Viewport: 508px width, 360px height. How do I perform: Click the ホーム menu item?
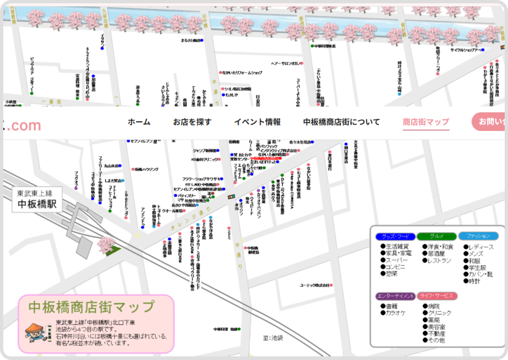pyautogui.click(x=139, y=122)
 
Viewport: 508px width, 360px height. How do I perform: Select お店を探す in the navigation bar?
pyautogui.click(x=192, y=122)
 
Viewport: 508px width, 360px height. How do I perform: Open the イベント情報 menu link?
pyautogui.click(x=257, y=122)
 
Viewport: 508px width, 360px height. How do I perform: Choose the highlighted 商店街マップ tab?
pyautogui.click(x=426, y=122)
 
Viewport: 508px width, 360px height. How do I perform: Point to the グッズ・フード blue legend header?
pyautogui.click(x=394, y=236)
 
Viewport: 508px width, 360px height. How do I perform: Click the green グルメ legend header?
pyautogui.click(x=436, y=236)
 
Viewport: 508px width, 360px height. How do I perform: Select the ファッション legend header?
pyautogui.click(x=478, y=236)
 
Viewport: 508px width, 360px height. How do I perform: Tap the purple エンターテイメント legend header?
pyautogui.click(x=395, y=296)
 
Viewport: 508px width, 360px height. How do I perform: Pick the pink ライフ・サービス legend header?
pyautogui.click(x=436, y=296)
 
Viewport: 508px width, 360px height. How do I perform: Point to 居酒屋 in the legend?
pyautogui.click(x=436, y=254)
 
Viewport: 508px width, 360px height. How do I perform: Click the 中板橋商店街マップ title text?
pyautogui.click(x=91, y=306)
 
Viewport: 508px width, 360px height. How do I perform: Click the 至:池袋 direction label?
pyautogui.click(x=272, y=338)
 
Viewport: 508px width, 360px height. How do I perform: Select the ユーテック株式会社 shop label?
pyautogui.click(x=315, y=285)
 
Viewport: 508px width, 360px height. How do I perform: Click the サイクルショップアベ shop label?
pyautogui.click(x=466, y=50)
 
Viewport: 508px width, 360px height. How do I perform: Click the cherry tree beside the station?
pyautogui.click(x=105, y=244)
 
